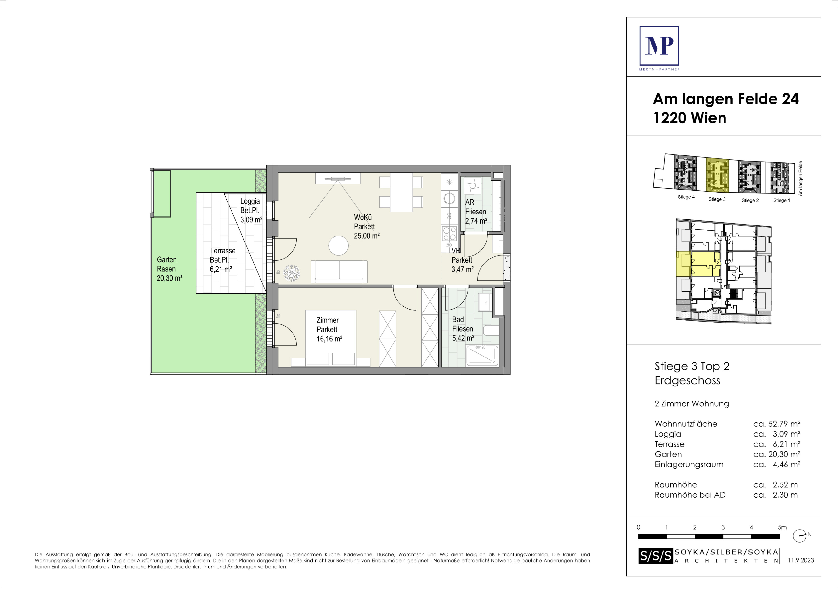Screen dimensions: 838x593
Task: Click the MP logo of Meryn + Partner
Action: click(x=659, y=46)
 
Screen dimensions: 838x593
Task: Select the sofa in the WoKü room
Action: click(x=339, y=272)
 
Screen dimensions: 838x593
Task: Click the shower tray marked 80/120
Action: click(x=482, y=356)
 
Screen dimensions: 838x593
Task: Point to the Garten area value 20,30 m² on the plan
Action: click(x=170, y=278)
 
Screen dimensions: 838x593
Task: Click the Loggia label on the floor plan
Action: click(x=250, y=201)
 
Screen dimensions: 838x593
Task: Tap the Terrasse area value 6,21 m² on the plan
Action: click(x=221, y=269)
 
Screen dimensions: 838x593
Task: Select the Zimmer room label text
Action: click(x=327, y=320)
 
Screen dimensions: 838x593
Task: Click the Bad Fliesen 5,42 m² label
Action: click(x=463, y=329)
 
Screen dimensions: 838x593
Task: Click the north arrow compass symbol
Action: click(x=800, y=536)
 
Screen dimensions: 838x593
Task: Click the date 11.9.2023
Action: click(x=801, y=560)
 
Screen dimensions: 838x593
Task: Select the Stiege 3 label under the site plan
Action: click(x=717, y=199)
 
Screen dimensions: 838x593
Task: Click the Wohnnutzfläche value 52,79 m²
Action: click(x=777, y=424)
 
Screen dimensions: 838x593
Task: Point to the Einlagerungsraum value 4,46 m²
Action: click(x=777, y=465)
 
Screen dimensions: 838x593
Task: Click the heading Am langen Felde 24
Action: click(x=725, y=99)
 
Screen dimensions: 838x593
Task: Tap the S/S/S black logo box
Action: click(x=656, y=556)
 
